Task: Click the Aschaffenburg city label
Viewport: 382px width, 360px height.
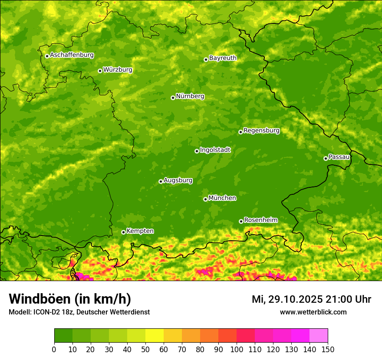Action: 72,55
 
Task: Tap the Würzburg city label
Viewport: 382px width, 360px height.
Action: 118,70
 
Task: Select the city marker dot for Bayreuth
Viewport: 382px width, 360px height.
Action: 206,59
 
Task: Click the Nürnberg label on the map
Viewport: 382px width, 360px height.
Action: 190,96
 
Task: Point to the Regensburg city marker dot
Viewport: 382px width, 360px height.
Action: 240,132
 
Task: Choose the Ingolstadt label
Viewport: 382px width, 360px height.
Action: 215,150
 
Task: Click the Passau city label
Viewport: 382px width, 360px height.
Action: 339,157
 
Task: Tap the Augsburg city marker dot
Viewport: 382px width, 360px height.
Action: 161,181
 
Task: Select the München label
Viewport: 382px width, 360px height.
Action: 222,198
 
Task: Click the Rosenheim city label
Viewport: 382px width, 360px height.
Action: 261,220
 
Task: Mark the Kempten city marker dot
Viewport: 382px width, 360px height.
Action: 123,232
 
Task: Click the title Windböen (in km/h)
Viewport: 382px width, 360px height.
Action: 70,299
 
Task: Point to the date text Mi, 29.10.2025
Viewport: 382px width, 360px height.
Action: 287,299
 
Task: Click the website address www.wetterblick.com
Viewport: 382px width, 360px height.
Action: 313,312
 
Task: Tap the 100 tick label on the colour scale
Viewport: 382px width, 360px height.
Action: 236,349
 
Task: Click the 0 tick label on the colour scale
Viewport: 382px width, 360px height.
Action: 54,349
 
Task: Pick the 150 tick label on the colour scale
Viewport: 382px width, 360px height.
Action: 327,349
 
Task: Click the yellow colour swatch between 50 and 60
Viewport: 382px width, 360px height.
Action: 155,336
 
